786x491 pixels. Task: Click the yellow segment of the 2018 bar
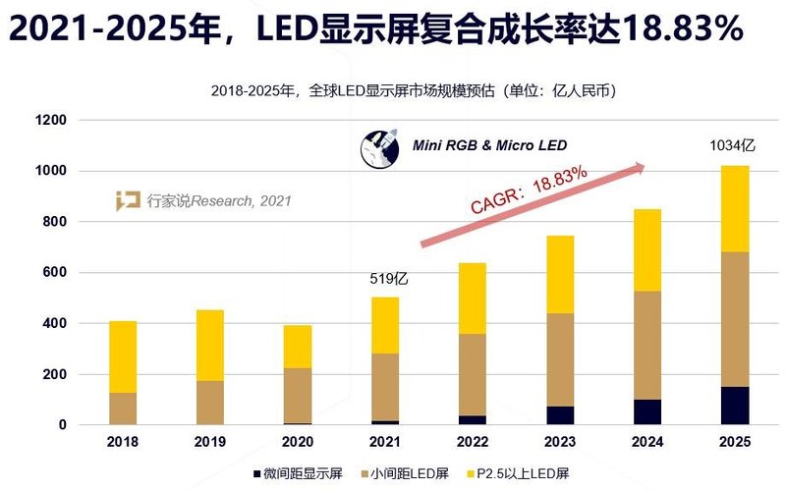point(122,356)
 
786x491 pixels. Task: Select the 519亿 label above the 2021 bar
point(385,279)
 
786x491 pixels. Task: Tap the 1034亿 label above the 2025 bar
point(732,146)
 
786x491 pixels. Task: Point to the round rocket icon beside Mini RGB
point(379,148)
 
